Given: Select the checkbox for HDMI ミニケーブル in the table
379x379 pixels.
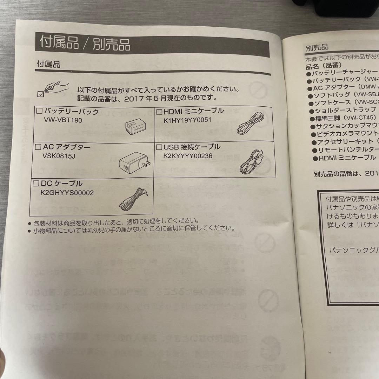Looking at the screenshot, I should [x=159, y=112].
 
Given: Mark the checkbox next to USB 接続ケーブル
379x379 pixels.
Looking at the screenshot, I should [x=159, y=147].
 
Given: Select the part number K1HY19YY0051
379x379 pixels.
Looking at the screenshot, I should [x=187, y=120].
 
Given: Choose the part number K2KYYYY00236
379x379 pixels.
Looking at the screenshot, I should [x=188, y=156].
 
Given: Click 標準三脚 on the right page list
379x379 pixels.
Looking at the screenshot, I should [x=328, y=118].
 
